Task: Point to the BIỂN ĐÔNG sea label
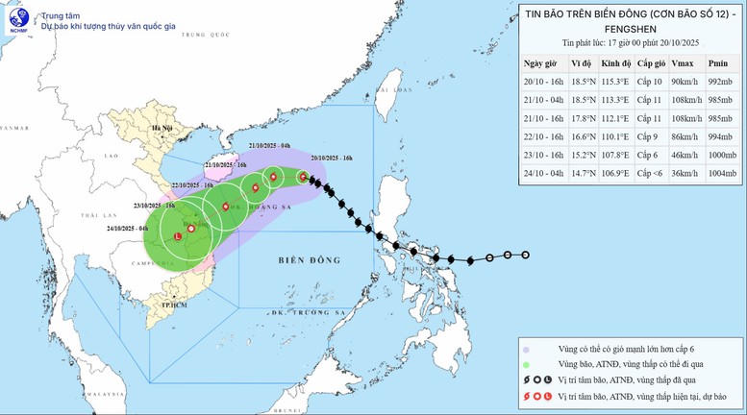(x=306, y=259)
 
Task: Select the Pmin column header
(x=717, y=62)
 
